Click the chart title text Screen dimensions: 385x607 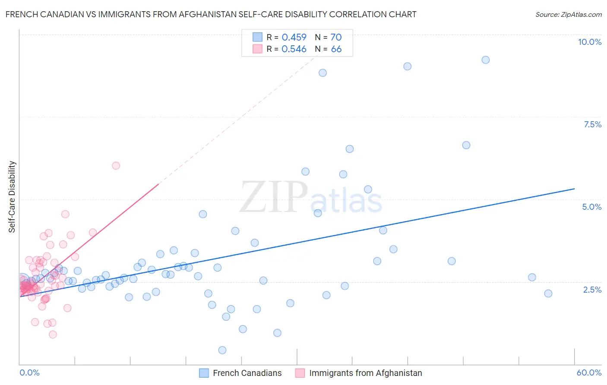tap(211, 14)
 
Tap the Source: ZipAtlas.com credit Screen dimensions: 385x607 tap(568, 14)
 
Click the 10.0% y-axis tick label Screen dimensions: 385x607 tap(589, 42)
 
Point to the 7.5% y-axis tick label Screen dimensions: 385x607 tap(592, 124)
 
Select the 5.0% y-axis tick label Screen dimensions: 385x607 tap(591, 207)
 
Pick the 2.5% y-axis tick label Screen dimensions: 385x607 tap(592, 290)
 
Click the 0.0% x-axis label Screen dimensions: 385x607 tap(29, 372)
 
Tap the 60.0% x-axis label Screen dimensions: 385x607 tap(589, 372)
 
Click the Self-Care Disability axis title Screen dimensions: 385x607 tap(12, 197)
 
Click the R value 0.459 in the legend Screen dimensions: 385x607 tap(294, 38)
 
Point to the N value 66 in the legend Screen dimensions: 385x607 tap(336, 49)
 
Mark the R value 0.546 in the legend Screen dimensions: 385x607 tap(294, 49)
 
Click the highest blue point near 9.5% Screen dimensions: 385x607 tap(486, 60)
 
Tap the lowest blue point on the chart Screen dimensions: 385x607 tap(222, 350)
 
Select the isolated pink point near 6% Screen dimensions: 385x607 tap(116, 165)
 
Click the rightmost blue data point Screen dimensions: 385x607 tap(548, 293)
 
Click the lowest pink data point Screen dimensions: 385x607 tap(53, 335)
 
